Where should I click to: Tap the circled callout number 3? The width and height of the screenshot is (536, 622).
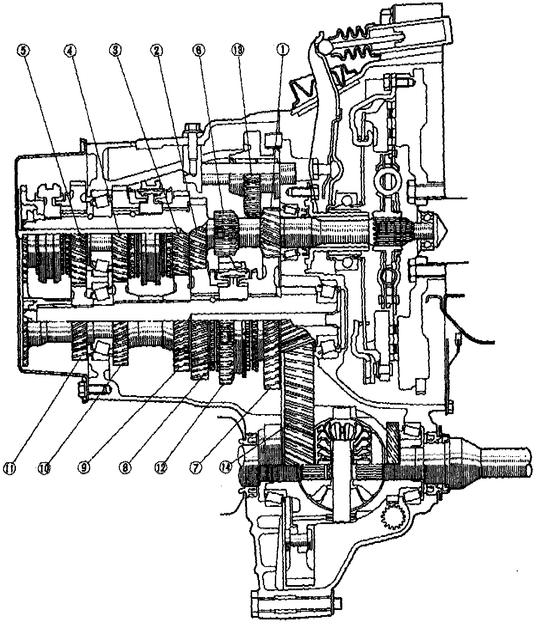[x=114, y=50]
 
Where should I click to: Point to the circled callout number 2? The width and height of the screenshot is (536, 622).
[x=156, y=50]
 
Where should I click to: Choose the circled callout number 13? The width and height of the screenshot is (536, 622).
[x=240, y=50]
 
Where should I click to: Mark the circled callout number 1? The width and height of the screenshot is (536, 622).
[x=281, y=50]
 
